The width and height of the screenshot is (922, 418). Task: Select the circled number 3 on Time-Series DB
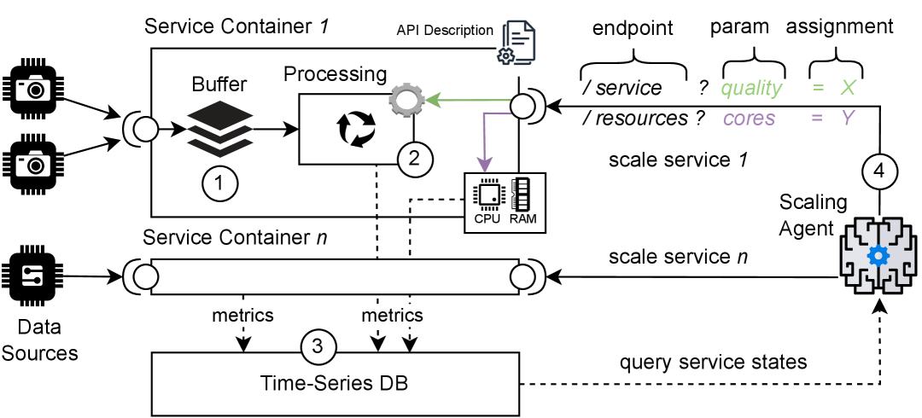pyautogui.click(x=318, y=346)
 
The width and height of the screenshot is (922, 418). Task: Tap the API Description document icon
pyautogui.click(x=518, y=43)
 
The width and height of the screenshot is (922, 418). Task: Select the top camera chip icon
pyautogui.click(x=35, y=88)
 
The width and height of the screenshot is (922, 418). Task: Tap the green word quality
pyautogui.click(x=750, y=88)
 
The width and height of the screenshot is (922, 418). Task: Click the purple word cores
pyautogui.click(x=749, y=118)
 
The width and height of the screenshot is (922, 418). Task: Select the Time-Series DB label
pyautogui.click(x=335, y=383)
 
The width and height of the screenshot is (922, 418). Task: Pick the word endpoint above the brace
pyautogui.click(x=633, y=28)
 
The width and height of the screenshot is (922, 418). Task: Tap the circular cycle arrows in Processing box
pyautogui.click(x=355, y=128)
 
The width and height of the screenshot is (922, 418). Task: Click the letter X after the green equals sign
pyautogui.click(x=849, y=88)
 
